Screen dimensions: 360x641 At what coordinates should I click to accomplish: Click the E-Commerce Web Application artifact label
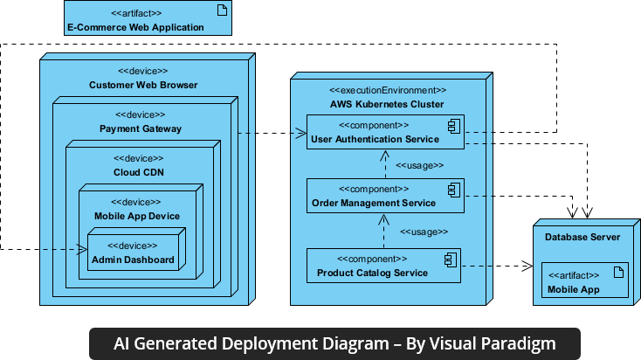135,27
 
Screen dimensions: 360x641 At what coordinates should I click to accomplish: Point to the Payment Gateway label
140,129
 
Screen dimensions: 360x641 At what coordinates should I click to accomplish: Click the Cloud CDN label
140,172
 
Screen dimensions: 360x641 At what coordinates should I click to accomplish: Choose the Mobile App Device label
136,216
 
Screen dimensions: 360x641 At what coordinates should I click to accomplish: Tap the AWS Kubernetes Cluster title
387,104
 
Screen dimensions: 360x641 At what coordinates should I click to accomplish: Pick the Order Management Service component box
383,197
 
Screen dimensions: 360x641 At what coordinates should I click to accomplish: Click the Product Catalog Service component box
383,266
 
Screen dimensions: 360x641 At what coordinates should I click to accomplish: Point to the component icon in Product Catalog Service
451,260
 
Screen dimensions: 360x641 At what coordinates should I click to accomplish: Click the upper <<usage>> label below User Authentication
420,165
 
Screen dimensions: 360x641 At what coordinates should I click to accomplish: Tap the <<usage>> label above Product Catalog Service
424,232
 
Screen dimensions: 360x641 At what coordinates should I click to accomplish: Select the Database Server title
582,237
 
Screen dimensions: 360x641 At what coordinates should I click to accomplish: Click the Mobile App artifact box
585,281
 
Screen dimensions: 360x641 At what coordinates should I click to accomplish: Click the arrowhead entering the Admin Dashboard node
80,250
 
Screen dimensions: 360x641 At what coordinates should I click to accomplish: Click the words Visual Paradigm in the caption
500,343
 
